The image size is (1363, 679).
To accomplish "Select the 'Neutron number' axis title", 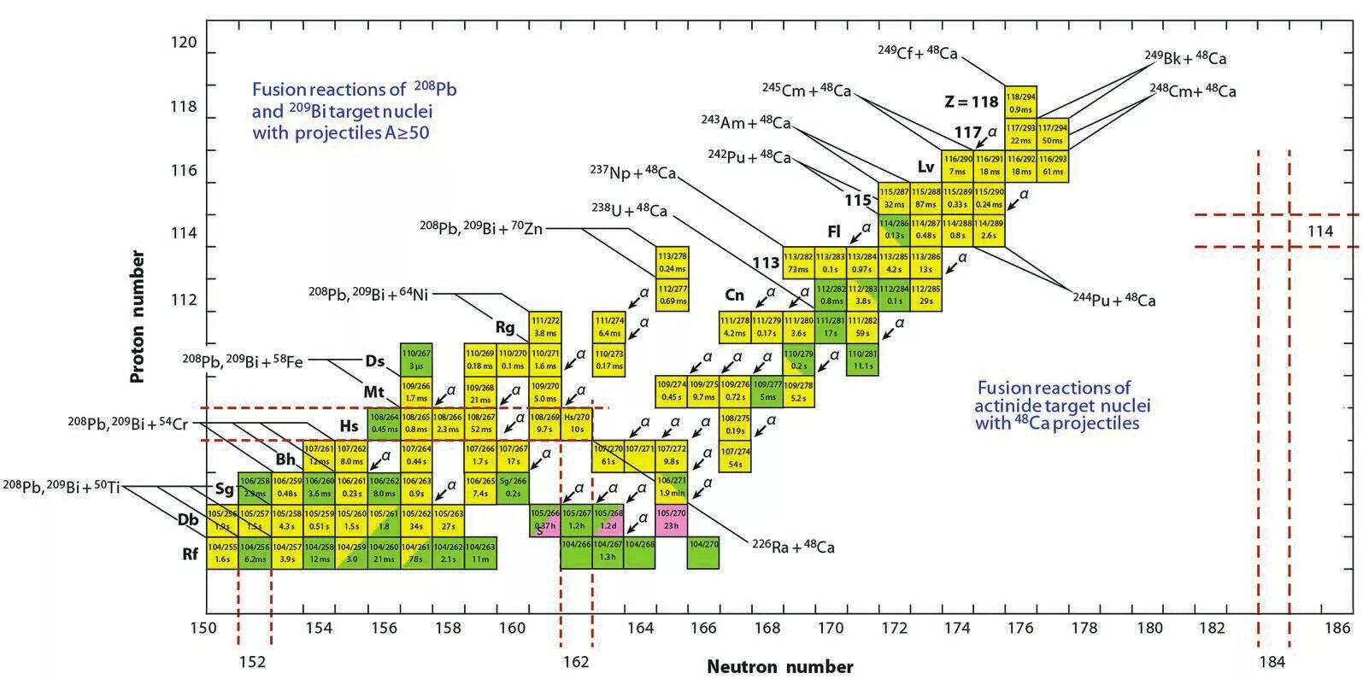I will coord(779,667).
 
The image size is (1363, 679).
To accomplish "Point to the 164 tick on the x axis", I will coord(640,629).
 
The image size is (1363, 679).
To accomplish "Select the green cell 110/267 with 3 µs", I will coord(416,360).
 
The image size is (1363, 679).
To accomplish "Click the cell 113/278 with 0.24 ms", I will coord(673,262).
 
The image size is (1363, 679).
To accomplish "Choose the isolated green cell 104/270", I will coord(703,552).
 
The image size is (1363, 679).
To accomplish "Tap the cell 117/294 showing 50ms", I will coord(1053,134).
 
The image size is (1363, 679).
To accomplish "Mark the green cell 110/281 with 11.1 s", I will coord(863,360).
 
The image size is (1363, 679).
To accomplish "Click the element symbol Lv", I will coord(926,167).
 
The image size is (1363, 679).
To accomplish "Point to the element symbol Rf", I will coord(190,554).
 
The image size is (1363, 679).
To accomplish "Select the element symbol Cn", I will coord(734,296).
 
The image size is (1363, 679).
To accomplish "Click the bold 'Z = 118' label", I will coord(971,102).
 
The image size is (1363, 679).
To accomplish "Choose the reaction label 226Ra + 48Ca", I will coord(793,547).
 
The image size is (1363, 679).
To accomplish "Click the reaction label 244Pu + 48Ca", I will coord(1113,300).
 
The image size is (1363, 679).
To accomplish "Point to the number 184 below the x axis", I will coord(1272,662).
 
